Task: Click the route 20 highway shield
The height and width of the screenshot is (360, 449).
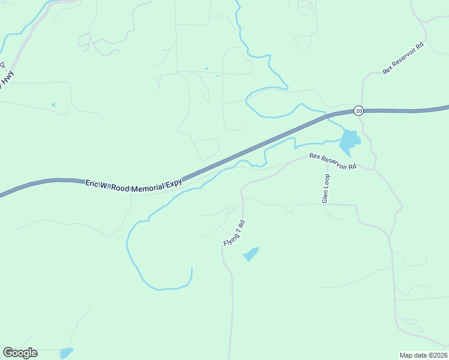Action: point(358,110)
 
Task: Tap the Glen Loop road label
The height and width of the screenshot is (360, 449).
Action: point(326,188)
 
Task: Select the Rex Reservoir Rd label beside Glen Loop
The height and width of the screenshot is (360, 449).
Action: point(333,161)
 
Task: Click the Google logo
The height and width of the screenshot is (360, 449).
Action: point(20,353)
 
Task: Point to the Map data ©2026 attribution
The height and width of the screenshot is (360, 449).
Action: point(423,355)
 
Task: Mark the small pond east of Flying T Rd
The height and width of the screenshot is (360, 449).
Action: point(251,254)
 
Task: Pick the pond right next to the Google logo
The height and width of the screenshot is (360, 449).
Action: point(66,352)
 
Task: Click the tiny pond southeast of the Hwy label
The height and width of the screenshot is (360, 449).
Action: point(53,106)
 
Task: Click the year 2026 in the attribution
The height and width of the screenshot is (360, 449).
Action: point(439,355)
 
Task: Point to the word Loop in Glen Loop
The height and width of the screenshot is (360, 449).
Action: point(327,181)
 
